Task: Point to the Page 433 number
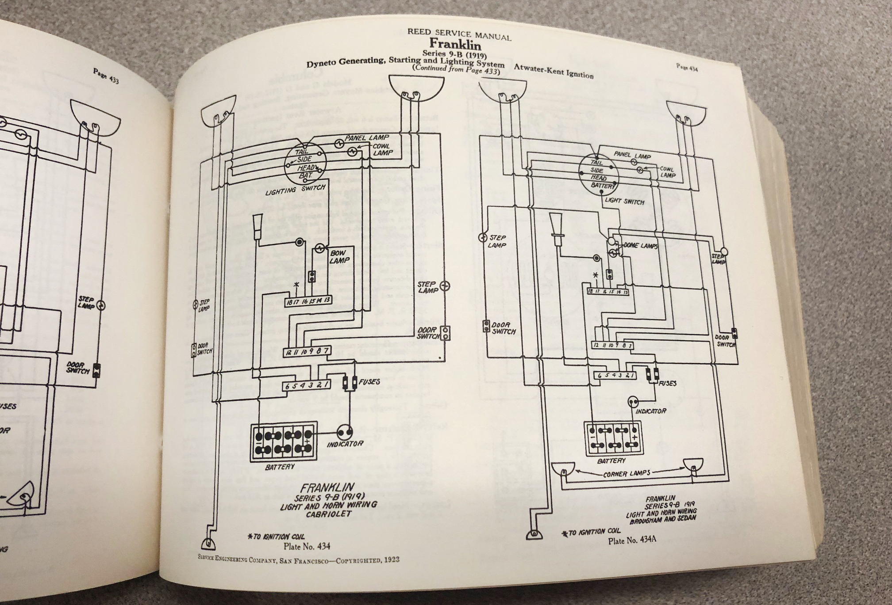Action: pyautogui.click(x=106, y=76)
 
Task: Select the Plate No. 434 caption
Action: pyautogui.click(x=307, y=546)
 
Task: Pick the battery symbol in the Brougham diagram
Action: pyautogui.click(x=612, y=439)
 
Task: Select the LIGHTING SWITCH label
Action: pyautogui.click(x=295, y=190)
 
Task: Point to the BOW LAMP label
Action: pyautogui.click(x=339, y=257)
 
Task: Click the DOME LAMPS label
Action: pyautogui.click(x=640, y=245)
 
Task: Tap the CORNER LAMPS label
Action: pyautogui.click(x=627, y=473)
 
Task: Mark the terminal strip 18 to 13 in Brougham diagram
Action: pyautogui.click(x=607, y=292)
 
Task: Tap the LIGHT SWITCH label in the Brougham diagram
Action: pyautogui.click(x=624, y=201)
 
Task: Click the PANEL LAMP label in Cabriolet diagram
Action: pyautogui.click(x=367, y=138)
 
